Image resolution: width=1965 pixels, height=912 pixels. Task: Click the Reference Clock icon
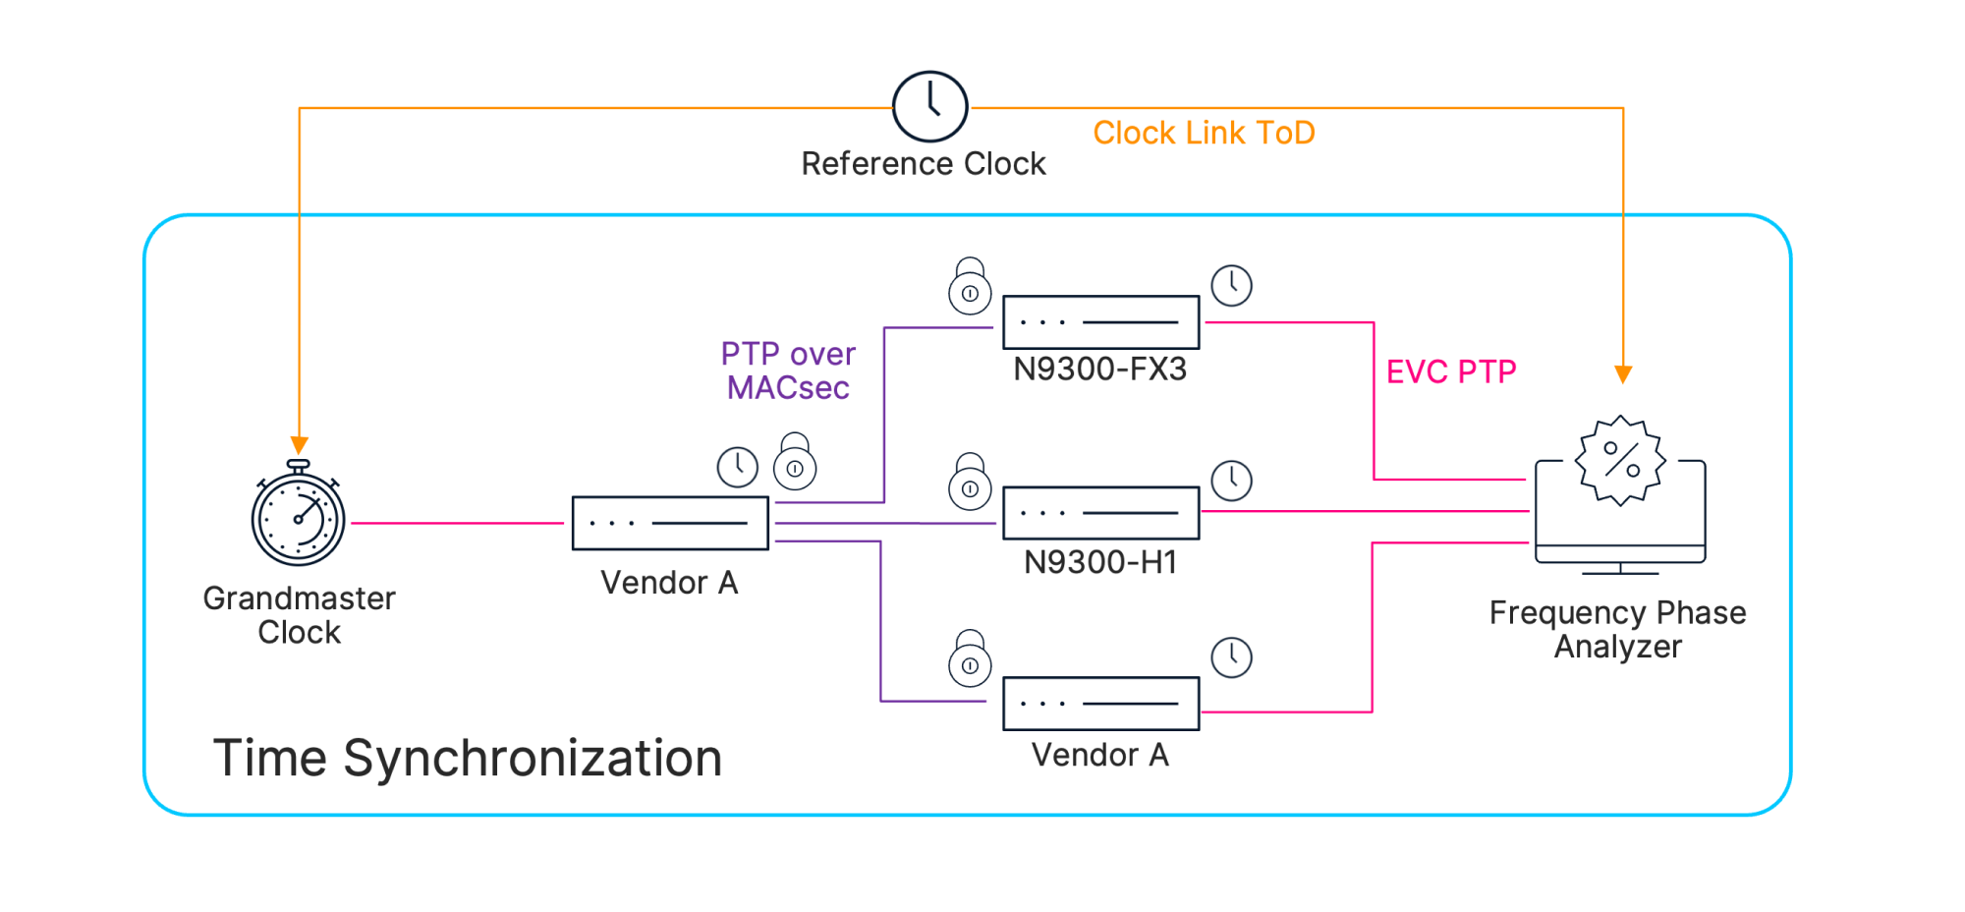[x=929, y=106]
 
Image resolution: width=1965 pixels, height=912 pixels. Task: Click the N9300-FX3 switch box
[x=1100, y=322]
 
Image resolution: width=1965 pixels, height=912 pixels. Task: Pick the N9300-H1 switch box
[x=1100, y=513]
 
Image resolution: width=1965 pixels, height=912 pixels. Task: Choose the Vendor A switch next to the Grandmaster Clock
[x=670, y=523]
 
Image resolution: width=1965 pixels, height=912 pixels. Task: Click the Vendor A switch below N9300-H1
[x=1100, y=704]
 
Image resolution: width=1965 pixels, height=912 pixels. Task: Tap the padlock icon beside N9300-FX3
[x=970, y=286]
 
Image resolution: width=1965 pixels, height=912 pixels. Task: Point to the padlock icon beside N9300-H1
[x=970, y=482]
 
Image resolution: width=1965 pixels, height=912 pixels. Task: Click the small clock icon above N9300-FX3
[x=1231, y=285]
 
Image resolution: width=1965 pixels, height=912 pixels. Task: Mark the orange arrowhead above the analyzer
[x=1623, y=374]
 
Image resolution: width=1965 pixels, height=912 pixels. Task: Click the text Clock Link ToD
[x=1204, y=133]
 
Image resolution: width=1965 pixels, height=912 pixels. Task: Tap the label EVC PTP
[x=1451, y=371]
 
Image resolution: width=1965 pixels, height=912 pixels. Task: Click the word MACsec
[x=788, y=388]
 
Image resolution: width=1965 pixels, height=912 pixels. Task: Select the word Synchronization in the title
[x=533, y=759]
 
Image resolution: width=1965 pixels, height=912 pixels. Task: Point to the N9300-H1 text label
[x=1100, y=562]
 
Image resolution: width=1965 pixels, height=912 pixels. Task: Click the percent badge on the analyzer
[x=1621, y=460]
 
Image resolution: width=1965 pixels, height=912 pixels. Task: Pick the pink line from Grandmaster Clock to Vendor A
[x=458, y=523]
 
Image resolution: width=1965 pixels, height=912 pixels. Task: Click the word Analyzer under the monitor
[x=1618, y=647]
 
